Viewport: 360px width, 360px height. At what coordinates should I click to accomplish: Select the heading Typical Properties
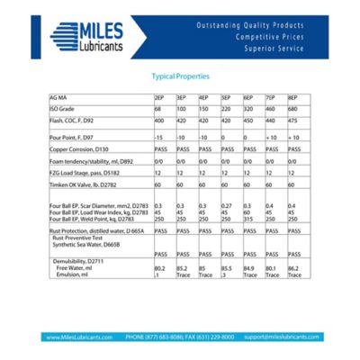point(180,77)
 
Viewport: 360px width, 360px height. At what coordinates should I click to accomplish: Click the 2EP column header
point(158,96)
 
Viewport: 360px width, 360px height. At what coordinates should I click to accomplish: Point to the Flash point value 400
point(159,120)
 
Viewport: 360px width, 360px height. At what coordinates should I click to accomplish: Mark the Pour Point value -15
point(158,136)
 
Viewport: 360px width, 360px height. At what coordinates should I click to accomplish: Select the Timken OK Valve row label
point(82,183)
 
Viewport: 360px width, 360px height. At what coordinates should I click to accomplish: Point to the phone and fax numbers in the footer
point(180,337)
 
